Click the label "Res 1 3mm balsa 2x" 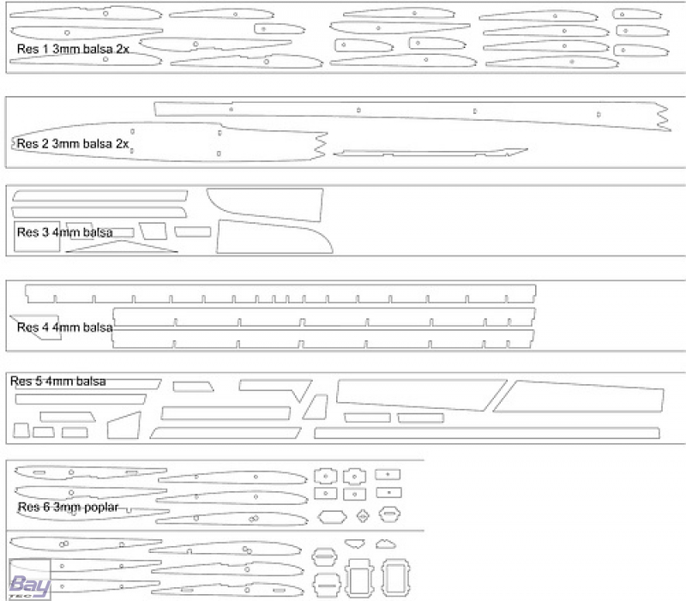pos(73,49)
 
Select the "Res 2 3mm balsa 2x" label pos(73,143)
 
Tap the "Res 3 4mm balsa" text pos(65,232)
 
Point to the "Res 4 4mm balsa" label pos(65,328)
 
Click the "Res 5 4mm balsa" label pos(57,382)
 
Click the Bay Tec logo pos(30,586)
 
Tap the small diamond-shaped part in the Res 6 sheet pos(363,516)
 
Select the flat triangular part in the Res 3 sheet pos(122,247)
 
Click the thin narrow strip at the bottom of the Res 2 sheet pos(430,153)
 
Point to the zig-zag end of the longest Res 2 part pos(663,117)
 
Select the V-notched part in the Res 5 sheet pos(275,390)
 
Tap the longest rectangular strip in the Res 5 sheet pos(486,433)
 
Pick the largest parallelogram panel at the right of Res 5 pos(579,397)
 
